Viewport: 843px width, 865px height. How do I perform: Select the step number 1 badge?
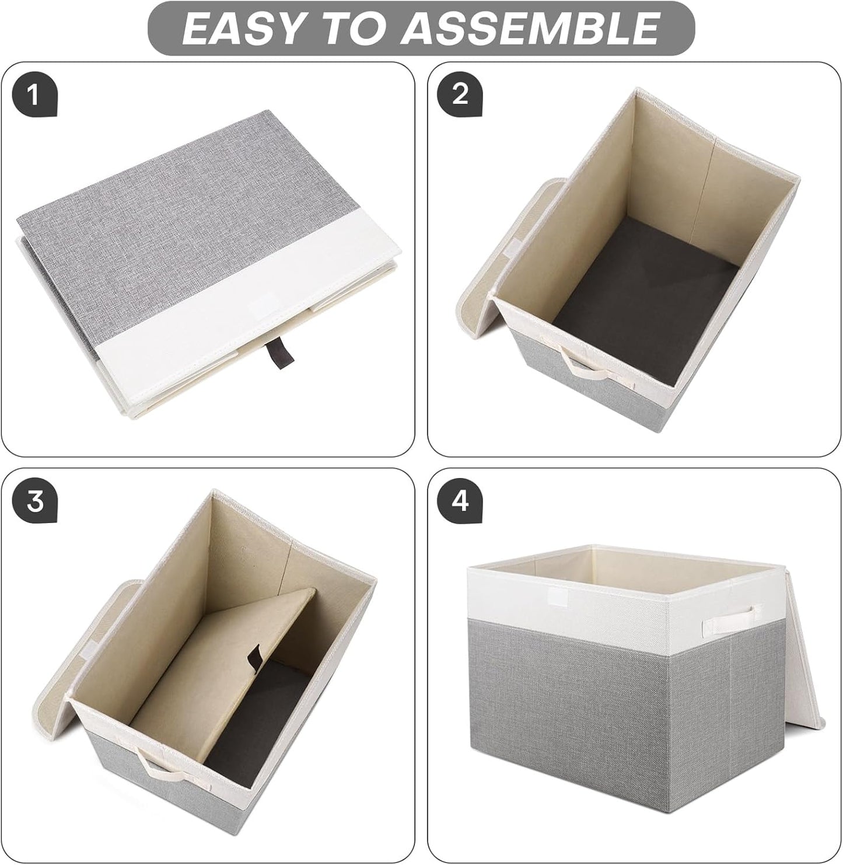click(33, 94)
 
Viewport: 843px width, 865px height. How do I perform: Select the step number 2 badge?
click(460, 94)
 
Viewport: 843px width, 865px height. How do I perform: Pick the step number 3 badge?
click(36, 501)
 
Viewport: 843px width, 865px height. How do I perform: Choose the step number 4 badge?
click(460, 501)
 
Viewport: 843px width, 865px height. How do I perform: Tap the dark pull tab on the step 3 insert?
click(254, 655)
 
